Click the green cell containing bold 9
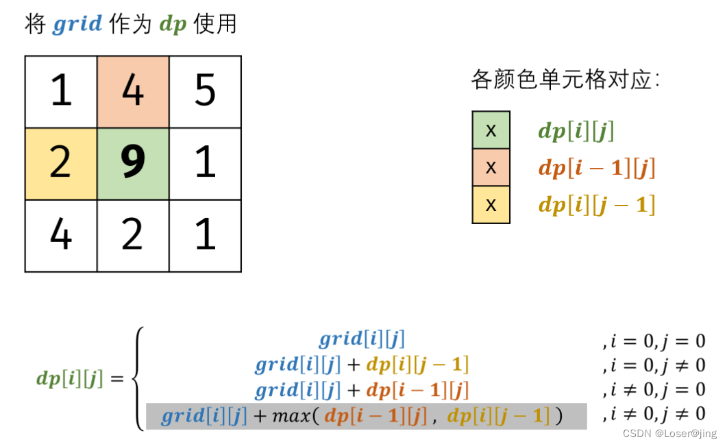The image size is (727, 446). (x=133, y=164)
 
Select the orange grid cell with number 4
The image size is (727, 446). (x=133, y=92)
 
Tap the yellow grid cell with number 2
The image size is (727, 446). (x=61, y=164)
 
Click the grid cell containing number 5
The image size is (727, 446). (x=205, y=92)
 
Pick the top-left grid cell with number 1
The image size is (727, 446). (x=61, y=92)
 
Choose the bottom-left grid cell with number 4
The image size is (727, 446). (x=61, y=236)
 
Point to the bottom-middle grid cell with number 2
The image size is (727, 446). (x=133, y=236)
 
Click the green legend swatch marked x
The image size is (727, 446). (x=491, y=130)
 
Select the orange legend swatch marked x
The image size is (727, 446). (x=491, y=167)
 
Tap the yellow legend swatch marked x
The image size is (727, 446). (x=491, y=204)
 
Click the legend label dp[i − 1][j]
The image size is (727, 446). (x=596, y=168)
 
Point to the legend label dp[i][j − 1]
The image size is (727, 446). (x=596, y=205)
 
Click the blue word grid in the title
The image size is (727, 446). (x=77, y=25)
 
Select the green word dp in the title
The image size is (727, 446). (x=173, y=25)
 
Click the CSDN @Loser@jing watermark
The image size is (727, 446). (x=675, y=434)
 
